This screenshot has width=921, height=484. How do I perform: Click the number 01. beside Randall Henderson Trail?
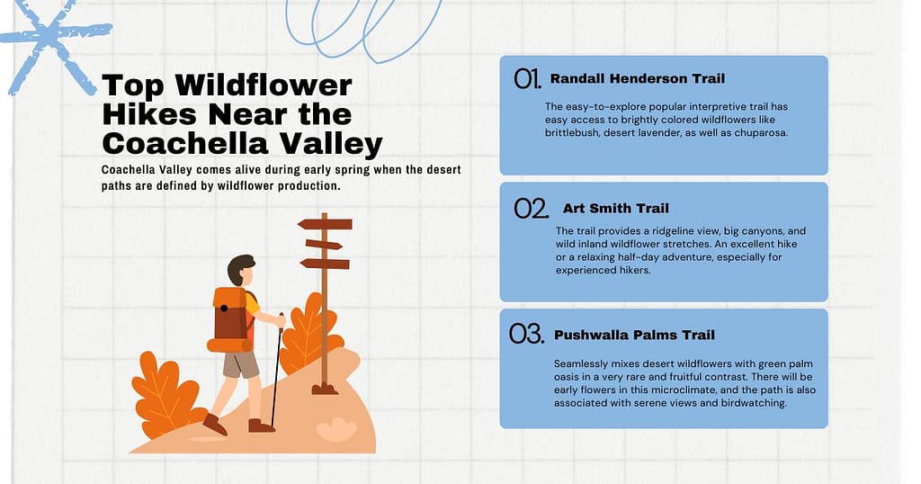click(x=527, y=79)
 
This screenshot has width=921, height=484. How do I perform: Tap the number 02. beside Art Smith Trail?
click(x=531, y=209)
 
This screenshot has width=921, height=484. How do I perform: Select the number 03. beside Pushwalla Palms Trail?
click(x=527, y=335)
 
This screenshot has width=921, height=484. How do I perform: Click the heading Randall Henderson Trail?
click(x=637, y=78)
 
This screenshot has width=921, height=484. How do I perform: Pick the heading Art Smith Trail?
click(x=615, y=209)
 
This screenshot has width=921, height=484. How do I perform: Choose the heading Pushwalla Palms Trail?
click(x=634, y=335)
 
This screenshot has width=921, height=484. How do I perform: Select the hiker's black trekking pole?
click(x=276, y=369)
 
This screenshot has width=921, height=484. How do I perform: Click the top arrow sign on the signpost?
click(x=325, y=224)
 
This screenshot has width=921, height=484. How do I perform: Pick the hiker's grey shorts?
click(x=240, y=364)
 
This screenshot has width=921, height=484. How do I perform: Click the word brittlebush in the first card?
click(x=576, y=133)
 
